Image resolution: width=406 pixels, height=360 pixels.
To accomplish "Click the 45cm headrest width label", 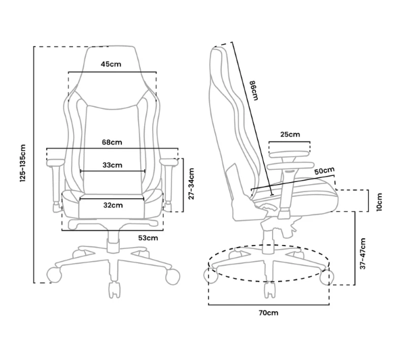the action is pyautogui.click(x=111, y=64).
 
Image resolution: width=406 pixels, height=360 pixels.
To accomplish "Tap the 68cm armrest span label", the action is pyautogui.click(x=112, y=142).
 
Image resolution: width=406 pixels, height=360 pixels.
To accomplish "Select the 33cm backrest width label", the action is pyautogui.click(x=112, y=165).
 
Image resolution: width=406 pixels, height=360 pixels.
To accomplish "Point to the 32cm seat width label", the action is pyautogui.click(x=113, y=205).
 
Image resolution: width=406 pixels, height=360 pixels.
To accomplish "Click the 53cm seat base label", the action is pyautogui.click(x=148, y=238).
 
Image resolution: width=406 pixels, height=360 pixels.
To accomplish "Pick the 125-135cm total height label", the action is pyautogui.click(x=23, y=163).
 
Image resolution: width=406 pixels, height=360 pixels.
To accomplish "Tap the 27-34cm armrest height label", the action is pyautogui.click(x=191, y=183).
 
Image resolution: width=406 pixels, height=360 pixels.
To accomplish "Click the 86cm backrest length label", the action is pyautogui.click(x=254, y=91).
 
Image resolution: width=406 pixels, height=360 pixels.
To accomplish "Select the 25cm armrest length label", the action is pyautogui.click(x=290, y=135).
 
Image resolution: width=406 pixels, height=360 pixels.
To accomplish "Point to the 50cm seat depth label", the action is pyautogui.click(x=324, y=171).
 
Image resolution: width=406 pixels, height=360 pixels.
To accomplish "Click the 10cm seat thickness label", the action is pyautogui.click(x=379, y=202).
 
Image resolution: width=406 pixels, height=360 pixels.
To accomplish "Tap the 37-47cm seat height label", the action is pyautogui.click(x=363, y=254).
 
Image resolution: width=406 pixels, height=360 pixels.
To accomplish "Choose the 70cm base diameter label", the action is pyautogui.click(x=269, y=313).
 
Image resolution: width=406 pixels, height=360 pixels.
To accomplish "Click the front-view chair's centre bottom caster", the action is pyautogui.click(x=114, y=290).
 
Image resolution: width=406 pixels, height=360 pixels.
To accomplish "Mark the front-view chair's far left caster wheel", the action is pyautogui.click(x=54, y=275).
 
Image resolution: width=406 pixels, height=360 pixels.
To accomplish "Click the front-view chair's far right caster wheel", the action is pyautogui.click(x=173, y=277).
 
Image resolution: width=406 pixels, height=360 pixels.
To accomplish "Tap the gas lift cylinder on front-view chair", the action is pyautogui.click(x=114, y=242).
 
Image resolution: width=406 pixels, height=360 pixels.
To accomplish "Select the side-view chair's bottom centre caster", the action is pyautogui.click(x=269, y=290).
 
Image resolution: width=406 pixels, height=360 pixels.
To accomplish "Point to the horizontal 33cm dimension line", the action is pyautogui.click(x=112, y=171).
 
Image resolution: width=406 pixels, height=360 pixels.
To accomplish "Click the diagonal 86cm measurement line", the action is pyautogui.click(x=252, y=118).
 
